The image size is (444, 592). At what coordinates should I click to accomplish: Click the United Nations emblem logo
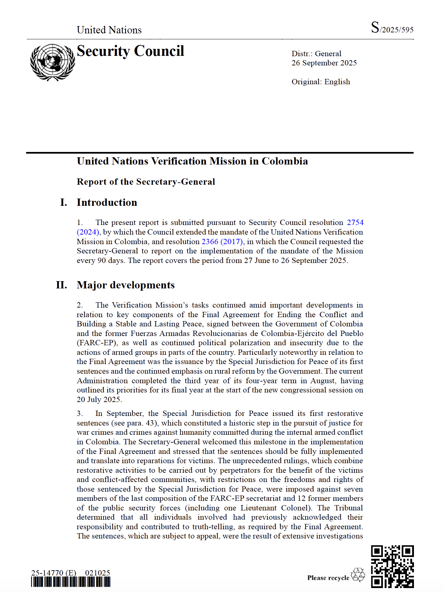tap(53, 62)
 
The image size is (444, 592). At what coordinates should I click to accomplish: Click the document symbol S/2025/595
tap(392, 28)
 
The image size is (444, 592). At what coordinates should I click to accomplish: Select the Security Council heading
tap(130, 51)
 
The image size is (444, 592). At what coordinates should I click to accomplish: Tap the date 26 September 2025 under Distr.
tap(324, 63)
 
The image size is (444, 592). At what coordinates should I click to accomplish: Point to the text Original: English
tap(320, 82)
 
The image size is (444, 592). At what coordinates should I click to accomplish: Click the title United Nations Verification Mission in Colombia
tap(192, 161)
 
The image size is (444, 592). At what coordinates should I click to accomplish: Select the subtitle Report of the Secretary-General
tap(146, 182)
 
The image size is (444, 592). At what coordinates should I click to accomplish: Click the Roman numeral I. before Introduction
tap(63, 203)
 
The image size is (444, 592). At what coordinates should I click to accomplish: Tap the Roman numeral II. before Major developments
tap(61, 285)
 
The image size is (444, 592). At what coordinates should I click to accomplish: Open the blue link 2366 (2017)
tap(222, 241)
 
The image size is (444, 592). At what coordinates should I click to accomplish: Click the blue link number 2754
tap(355, 222)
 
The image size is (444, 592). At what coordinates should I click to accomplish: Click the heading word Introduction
tap(107, 203)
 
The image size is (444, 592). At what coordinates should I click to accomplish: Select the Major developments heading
tap(126, 285)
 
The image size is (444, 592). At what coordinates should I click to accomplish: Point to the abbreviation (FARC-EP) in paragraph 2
tap(97, 343)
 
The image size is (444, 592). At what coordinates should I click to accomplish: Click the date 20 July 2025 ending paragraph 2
tap(98, 399)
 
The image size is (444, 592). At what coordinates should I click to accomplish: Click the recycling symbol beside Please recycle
tap(357, 575)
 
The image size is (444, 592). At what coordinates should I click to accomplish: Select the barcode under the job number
tap(71, 582)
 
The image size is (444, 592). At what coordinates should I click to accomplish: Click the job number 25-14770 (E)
tap(54, 573)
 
